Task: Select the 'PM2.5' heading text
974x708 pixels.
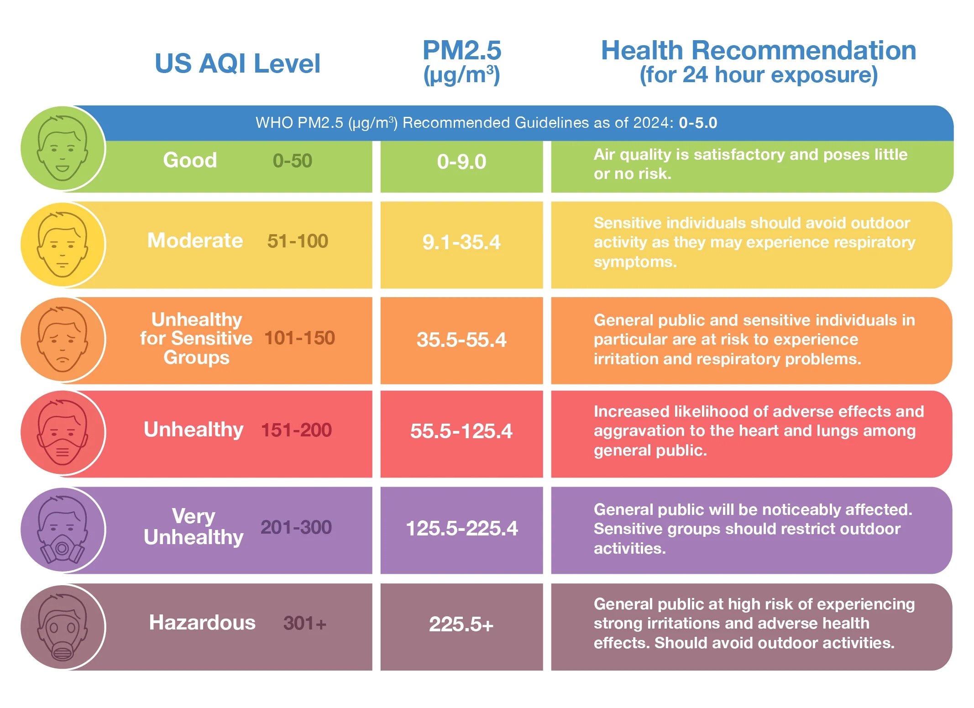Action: click(461, 50)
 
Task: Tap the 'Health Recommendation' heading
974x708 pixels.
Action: click(758, 50)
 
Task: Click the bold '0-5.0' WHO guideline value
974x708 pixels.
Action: click(698, 123)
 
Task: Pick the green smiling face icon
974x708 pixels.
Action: click(63, 148)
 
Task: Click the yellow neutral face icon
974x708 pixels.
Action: click(63, 245)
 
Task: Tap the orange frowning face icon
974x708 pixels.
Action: click(63, 340)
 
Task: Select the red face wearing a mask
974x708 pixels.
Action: click(63, 432)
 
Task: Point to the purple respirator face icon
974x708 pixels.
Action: click(63, 530)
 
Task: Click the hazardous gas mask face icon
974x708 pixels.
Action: click(63, 627)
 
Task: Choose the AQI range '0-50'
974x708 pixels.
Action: click(292, 161)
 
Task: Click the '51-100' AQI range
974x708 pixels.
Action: click(298, 241)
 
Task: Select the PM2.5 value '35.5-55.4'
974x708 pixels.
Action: click(461, 340)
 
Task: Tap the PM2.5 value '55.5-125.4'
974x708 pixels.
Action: click(461, 431)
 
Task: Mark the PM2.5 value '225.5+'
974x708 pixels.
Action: click(461, 624)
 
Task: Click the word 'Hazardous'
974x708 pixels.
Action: click(202, 623)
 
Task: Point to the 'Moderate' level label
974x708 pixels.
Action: click(195, 241)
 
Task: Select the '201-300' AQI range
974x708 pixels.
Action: click(296, 527)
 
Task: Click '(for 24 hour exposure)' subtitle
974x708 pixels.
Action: click(758, 75)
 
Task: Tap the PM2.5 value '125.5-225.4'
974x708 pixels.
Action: click(461, 528)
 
